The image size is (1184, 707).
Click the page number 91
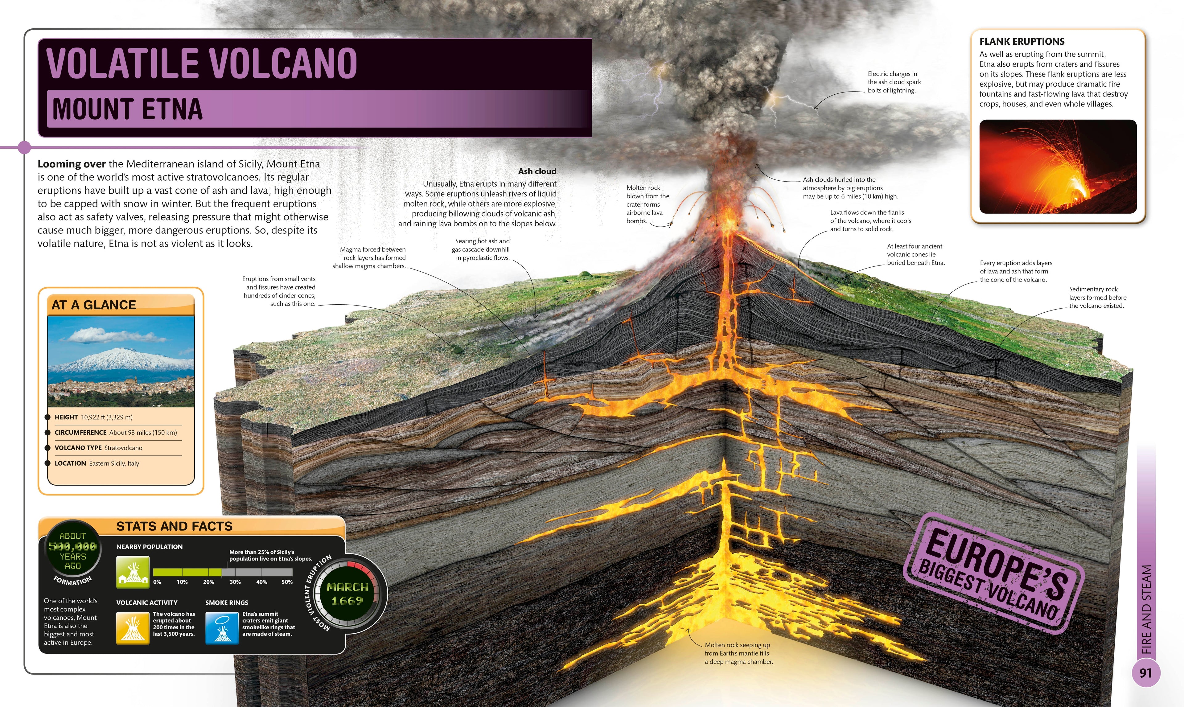point(1145,673)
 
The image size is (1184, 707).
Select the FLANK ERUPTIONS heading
point(1022,41)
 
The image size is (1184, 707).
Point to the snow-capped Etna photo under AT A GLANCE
point(121,361)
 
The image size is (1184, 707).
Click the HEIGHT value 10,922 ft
point(107,417)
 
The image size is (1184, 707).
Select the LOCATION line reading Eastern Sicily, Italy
point(97,463)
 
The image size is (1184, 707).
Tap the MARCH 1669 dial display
point(347,594)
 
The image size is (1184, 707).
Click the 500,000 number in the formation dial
point(72,546)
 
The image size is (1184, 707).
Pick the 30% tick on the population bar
point(235,582)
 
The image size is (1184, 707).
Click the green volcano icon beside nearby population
point(129,573)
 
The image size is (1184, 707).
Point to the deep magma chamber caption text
point(738,653)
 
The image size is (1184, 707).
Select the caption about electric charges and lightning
point(894,82)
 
